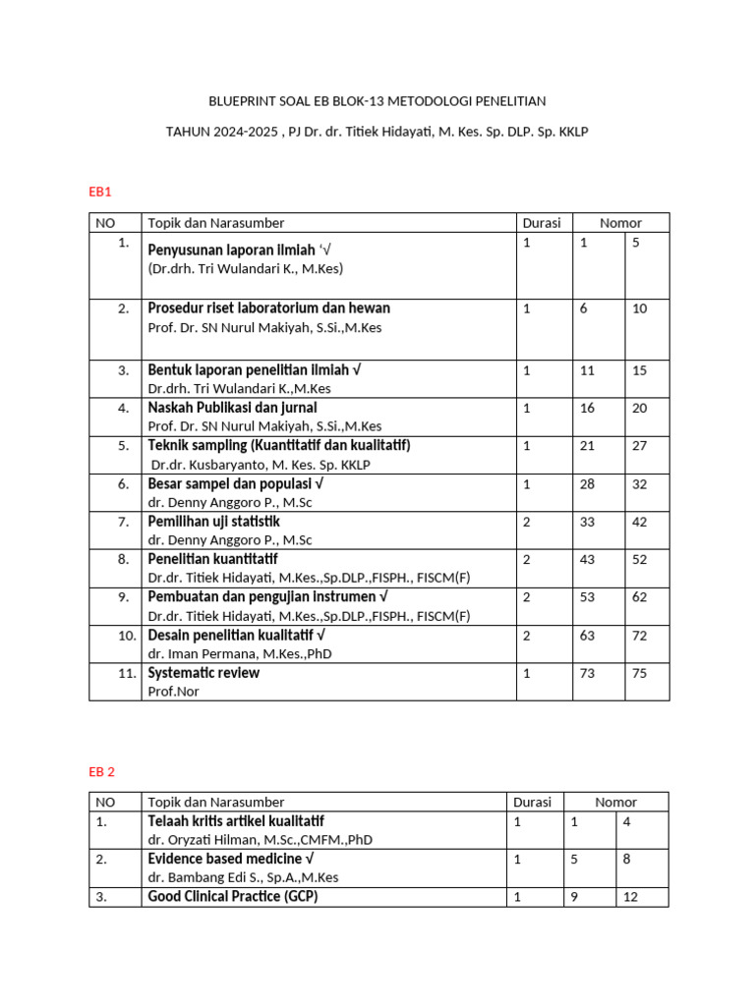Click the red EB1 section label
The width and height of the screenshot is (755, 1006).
100,193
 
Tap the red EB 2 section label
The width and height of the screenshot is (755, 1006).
102,772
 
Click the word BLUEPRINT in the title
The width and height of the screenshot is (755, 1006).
239,101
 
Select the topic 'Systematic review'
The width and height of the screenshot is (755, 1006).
203,673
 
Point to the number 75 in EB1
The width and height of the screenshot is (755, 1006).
640,673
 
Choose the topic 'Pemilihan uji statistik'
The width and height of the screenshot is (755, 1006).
213,521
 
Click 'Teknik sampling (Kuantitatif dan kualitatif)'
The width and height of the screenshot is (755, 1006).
278,445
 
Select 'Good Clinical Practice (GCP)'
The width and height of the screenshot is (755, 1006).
233,896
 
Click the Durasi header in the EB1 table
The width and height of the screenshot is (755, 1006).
542,223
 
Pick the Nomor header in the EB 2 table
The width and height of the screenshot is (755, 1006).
615,803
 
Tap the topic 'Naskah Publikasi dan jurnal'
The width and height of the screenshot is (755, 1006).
232,407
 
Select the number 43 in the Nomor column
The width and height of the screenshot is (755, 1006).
587,559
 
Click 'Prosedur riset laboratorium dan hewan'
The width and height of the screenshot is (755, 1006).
268,308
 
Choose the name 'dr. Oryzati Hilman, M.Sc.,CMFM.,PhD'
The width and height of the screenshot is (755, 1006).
261,840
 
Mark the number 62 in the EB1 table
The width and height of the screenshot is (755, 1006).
640,597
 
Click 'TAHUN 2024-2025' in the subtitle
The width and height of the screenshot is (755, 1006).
220,132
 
